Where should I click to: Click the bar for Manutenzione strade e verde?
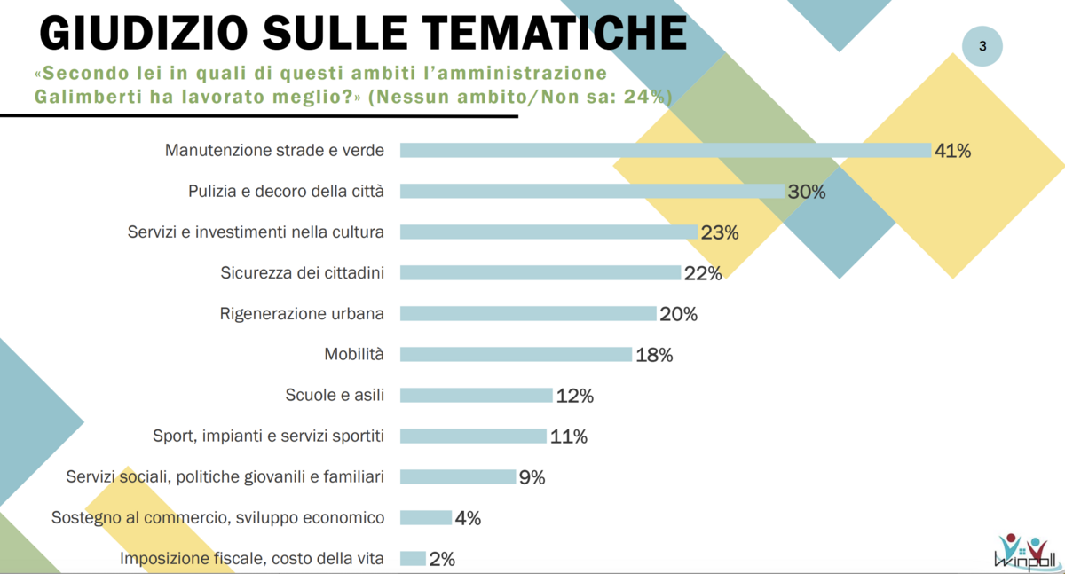click(x=666, y=150)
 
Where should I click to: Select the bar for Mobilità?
click(x=516, y=354)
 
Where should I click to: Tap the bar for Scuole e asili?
click(x=477, y=395)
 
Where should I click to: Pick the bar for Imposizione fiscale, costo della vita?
click(x=413, y=558)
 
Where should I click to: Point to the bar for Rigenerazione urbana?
click(x=528, y=313)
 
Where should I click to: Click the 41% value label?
click(x=952, y=151)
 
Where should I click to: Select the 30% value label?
click(x=806, y=192)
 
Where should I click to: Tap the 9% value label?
click(x=532, y=477)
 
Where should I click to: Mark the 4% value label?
click(x=468, y=518)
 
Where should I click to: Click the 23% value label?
click(x=719, y=232)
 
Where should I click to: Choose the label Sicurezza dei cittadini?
click(x=302, y=273)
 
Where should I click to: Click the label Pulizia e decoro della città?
click(x=286, y=192)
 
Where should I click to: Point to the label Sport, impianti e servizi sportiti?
click(x=268, y=436)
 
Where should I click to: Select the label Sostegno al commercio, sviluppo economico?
click(x=218, y=517)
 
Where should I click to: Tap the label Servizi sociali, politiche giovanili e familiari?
click(x=225, y=477)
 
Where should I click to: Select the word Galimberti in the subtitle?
click(x=86, y=96)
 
